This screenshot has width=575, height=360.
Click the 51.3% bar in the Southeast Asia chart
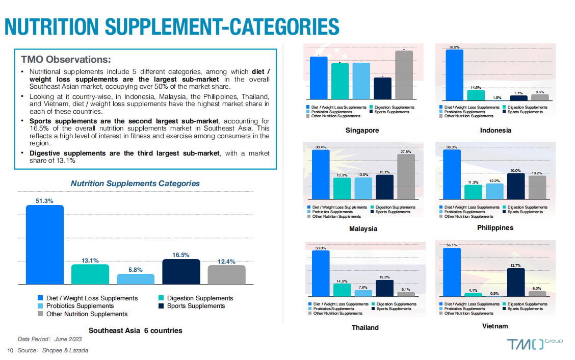[x=45, y=245]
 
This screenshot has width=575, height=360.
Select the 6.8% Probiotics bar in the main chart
[x=136, y=279]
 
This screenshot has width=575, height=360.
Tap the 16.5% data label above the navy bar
[x=180, y=255]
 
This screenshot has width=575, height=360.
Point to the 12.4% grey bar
[x=226, y=275]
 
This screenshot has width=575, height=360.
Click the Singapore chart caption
[x=362, y=130]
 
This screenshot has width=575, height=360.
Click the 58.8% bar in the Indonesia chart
[x=454, y=74]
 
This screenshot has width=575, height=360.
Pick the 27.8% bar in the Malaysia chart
[x=406, y=176]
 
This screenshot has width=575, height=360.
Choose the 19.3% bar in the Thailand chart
[x=385, y=288]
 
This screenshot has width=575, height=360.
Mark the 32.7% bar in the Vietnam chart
[x=515, y=282]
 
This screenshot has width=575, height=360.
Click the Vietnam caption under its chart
[x=495, y=326]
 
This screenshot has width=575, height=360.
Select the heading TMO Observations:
[x=66, y=59]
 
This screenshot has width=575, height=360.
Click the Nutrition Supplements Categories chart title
[x=135, y=183]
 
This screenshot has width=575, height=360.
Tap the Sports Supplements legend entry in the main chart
[x=192, y=306]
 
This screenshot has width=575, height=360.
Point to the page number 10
[x=10, y=350]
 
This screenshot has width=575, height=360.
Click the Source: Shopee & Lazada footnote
[x=53, y=350]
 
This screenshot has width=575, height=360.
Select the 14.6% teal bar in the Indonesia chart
[x=476, y=95]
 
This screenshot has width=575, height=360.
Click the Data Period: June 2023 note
[x=49, y=339]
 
